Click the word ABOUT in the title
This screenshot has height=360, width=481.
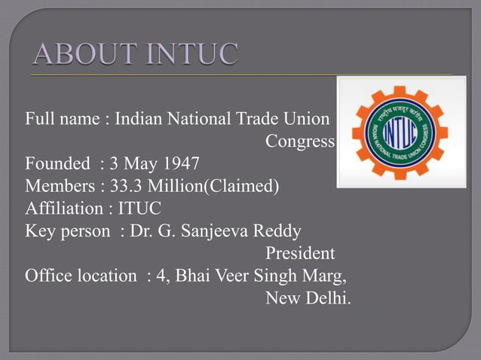click(x=79, y=55)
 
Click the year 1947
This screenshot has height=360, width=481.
click(x=183, y=163)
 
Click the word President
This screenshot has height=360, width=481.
click(x=300, y=253)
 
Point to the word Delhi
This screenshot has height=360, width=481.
click(x=329, y=298)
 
